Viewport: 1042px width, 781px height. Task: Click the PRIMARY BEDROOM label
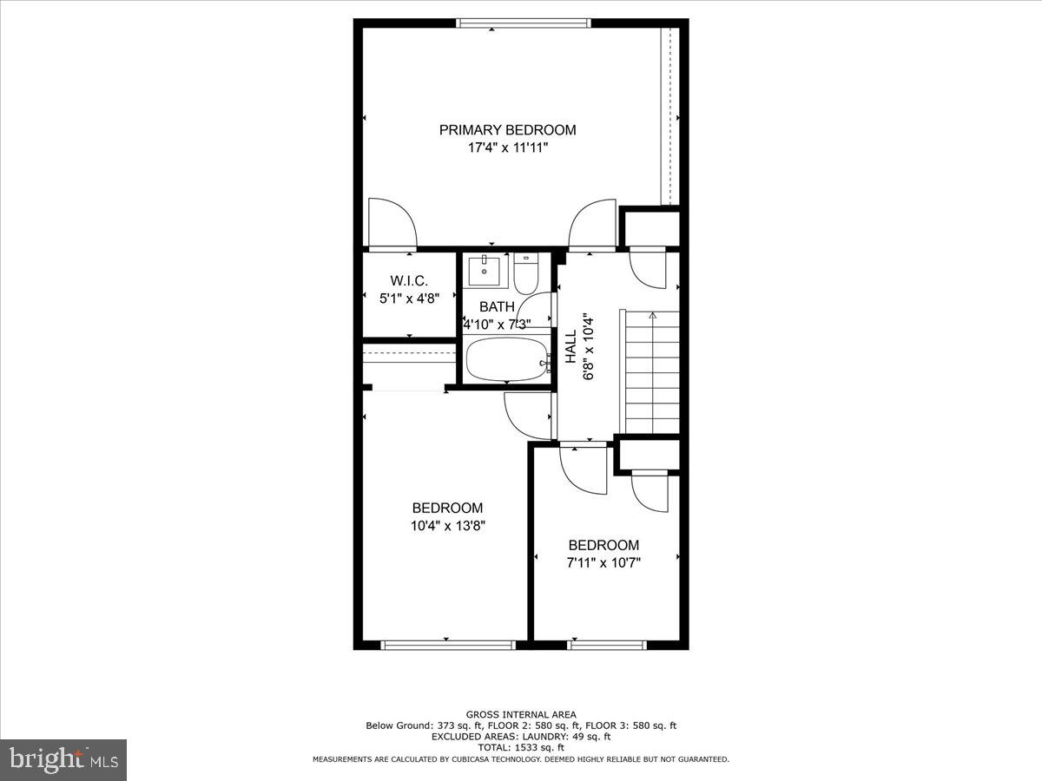click(507, 130)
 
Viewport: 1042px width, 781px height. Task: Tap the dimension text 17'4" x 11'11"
click(508, 148)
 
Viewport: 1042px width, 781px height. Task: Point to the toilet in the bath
click(526, 273)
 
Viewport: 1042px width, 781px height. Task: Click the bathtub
click(507, 359)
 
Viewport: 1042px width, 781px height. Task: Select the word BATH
click(497, 306)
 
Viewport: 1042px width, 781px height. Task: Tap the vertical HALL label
click(570, 346)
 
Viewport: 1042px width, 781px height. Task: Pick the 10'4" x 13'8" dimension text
click(448, 526)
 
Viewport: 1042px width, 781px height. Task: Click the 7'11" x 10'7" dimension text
click(603, 562)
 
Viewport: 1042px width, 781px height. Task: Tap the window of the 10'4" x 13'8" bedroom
click(448, 645)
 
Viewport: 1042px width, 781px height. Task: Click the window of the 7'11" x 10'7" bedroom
click(607, 645)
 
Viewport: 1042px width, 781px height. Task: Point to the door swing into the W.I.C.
click(391, 224)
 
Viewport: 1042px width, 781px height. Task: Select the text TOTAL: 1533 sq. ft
click(521, 747)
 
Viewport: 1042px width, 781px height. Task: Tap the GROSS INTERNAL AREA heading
click(521, 714)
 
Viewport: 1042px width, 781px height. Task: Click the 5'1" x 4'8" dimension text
click(407, 298)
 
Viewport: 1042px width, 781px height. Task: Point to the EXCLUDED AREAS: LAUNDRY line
click(521, 737)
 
